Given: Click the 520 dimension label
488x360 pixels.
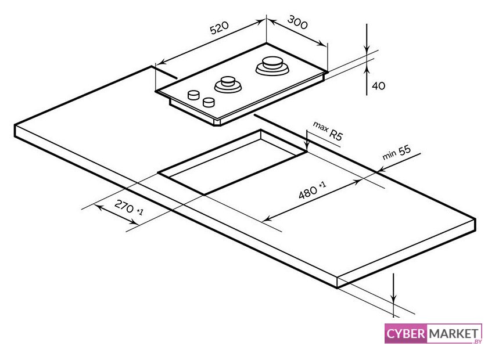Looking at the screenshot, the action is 220,28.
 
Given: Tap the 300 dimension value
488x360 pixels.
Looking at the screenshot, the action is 297,22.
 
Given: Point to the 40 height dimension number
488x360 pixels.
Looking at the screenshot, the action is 378,85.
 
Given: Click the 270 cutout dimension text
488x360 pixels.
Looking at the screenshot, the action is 124,206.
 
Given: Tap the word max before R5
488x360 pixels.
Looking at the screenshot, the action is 321,126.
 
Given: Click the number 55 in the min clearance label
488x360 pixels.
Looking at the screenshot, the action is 404,150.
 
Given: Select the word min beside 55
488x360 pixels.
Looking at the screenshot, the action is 389,154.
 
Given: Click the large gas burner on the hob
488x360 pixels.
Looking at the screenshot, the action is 272,66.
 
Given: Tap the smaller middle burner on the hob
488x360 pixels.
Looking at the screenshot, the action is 228,84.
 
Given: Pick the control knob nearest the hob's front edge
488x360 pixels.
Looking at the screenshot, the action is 209,102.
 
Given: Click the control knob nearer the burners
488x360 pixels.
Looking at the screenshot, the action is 193,95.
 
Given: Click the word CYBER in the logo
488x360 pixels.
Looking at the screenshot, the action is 406,334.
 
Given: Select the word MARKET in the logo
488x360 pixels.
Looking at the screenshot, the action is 454,334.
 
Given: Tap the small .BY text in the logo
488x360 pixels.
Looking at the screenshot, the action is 477,341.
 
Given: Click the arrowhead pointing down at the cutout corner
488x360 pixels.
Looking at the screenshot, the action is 307,147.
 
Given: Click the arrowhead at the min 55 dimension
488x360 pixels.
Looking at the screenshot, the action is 382,170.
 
